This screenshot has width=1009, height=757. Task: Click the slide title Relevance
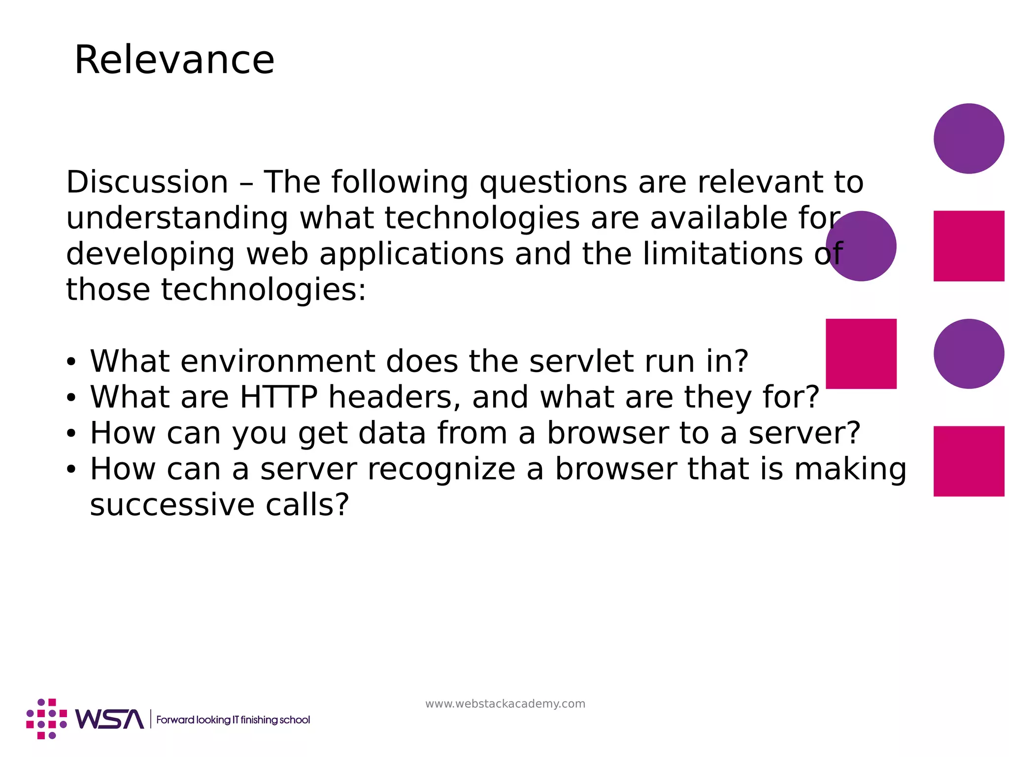point(174,60)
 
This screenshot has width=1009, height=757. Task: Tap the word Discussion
point(147,182)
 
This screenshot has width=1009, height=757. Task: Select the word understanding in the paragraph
point(177,218)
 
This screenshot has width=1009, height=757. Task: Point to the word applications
point(411,254)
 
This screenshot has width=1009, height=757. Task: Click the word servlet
point(581,361)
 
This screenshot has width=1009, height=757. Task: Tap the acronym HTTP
point(278,397)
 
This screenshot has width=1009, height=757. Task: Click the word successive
point(171,505)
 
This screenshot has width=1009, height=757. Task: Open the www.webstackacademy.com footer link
point(505,704)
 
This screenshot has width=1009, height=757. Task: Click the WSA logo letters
point(109,720)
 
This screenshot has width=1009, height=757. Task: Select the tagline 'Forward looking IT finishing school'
point(233,720)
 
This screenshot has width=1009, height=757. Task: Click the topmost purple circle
point(969,138)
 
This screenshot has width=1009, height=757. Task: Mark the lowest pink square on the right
point(969,461)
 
